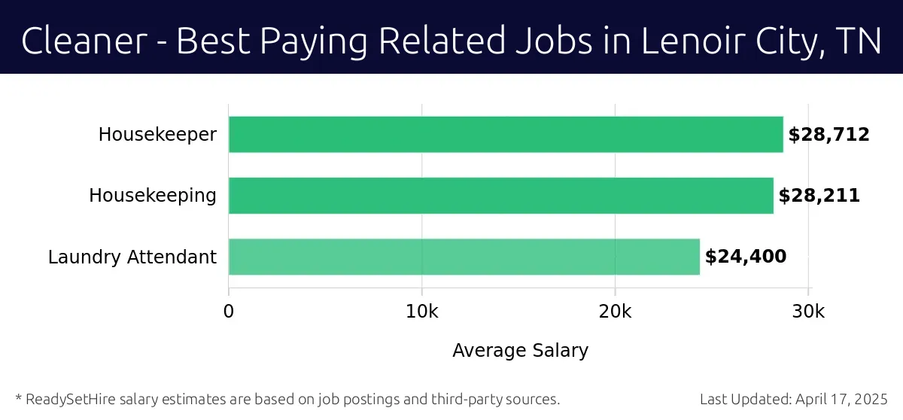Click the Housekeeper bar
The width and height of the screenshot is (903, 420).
point(506,135)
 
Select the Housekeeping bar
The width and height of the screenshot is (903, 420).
point(500,196)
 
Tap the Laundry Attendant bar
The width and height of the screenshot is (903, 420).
point(464,257)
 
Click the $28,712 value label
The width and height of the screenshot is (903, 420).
point(829,135)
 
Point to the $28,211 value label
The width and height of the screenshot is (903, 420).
point(819,196)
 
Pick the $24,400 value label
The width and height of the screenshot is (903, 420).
point(745,257)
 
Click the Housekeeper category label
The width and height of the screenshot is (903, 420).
point(157,135)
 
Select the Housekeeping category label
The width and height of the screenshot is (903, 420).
point(153,196)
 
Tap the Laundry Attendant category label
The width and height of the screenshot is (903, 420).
point(132,257)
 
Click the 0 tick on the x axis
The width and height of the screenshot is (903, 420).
point(229,312)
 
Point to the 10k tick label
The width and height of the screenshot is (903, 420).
point(421,312)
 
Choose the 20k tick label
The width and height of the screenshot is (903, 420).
point(615,312)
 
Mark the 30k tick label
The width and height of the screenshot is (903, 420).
point(808,312)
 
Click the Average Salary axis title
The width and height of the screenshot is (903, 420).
point(520,350)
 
